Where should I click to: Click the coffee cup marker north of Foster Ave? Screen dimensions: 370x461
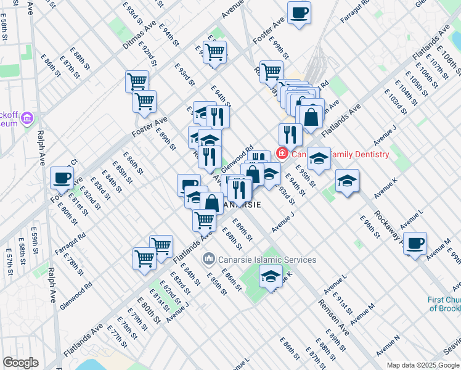299,12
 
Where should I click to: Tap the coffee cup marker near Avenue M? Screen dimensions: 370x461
415,243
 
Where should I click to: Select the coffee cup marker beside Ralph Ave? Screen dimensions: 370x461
62,178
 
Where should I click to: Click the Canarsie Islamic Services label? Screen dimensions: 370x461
267,260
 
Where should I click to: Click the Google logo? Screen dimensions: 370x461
20,362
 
